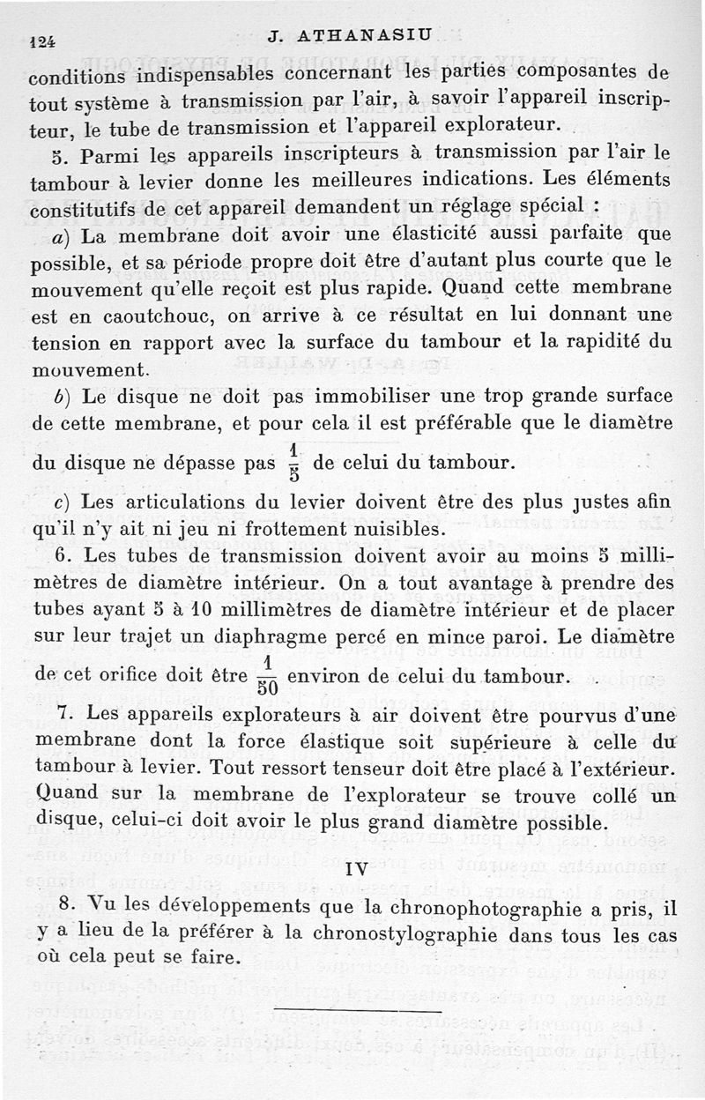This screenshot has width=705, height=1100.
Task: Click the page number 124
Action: pos(42,41)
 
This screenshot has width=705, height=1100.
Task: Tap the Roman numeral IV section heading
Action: pos(356,869)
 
